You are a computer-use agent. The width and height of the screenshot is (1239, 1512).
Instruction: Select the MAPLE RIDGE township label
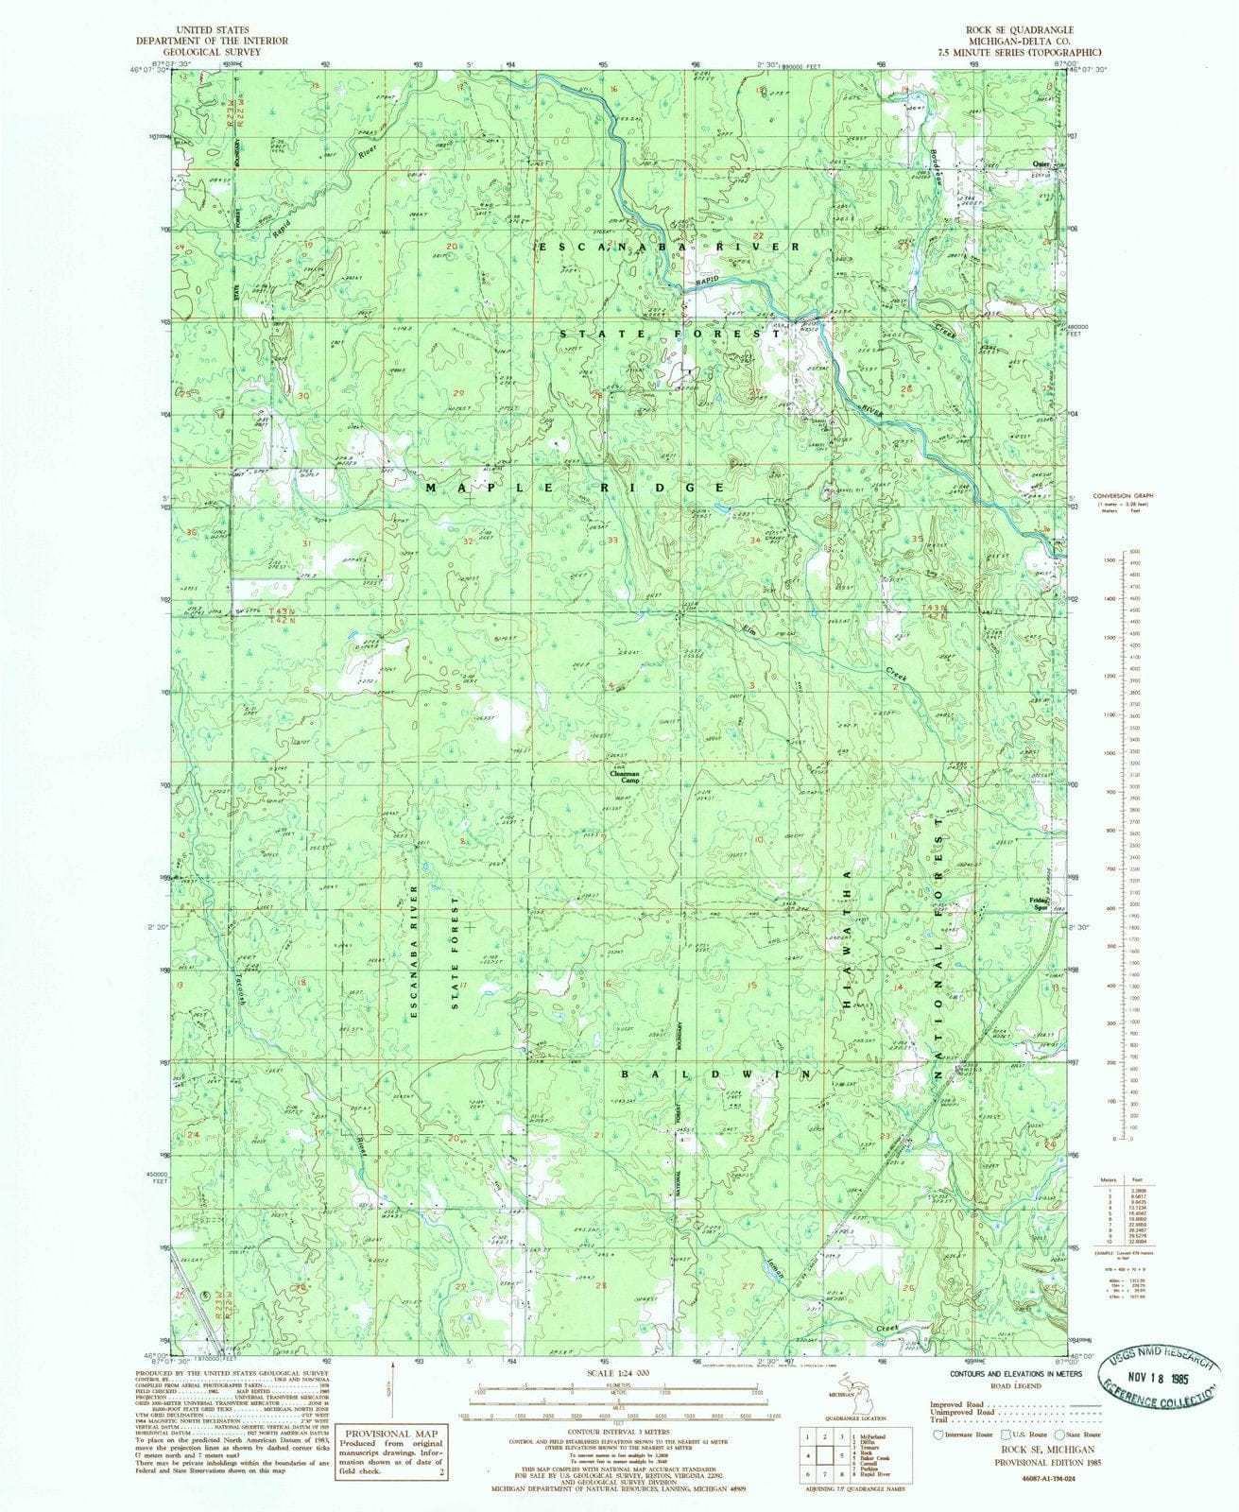coord(575,488)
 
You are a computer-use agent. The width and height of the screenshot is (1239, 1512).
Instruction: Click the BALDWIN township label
coord(716,1075)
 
